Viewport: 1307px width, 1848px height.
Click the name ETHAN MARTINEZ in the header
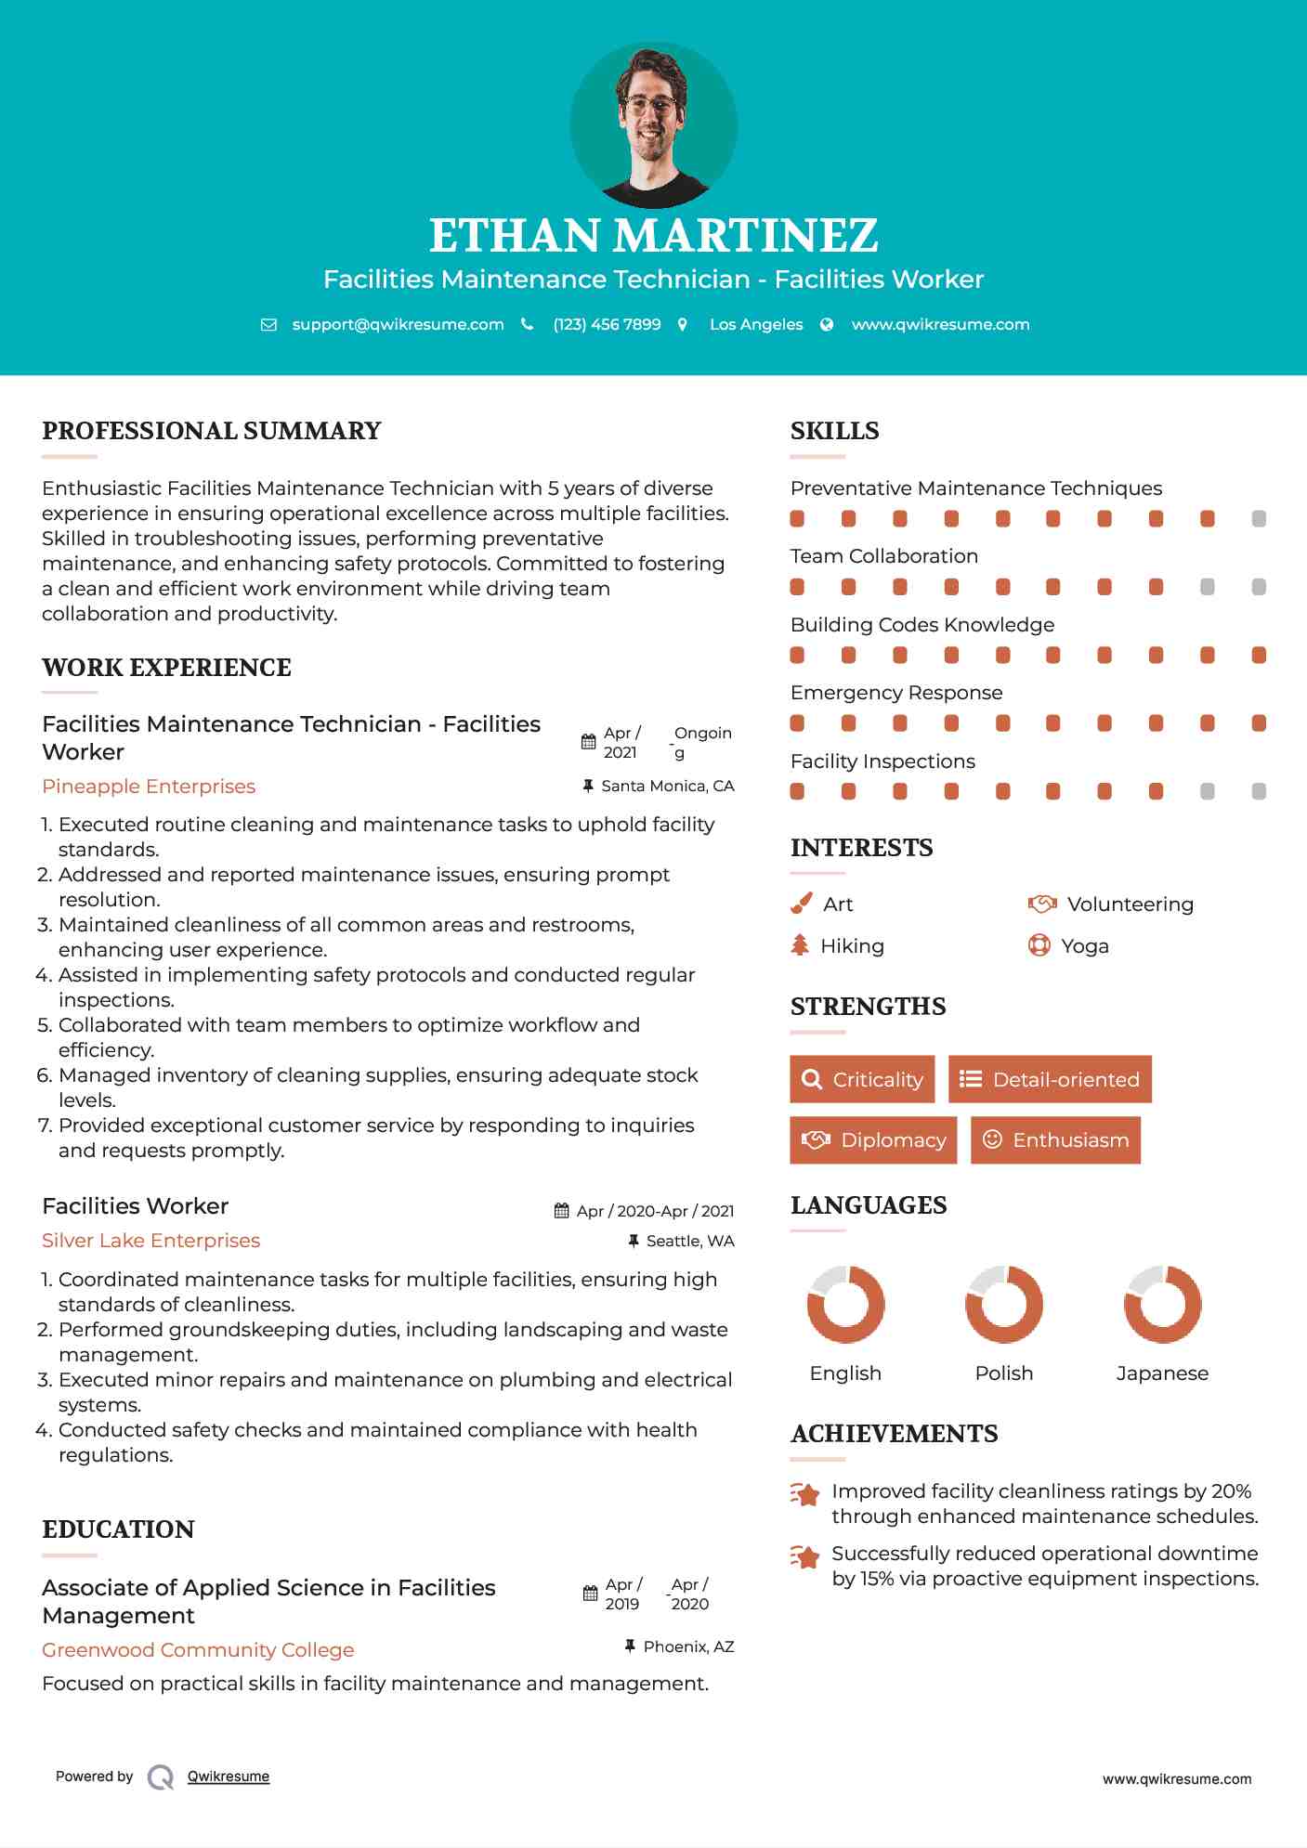tap(653, 236)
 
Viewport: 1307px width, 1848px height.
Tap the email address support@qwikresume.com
tap(398, 324)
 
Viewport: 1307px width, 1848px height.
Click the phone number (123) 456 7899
tap(607, 324)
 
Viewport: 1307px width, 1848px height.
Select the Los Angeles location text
tap(756, 324)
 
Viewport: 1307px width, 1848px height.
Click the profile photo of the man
tap(654, 125)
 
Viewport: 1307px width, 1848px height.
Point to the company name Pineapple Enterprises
tap(149, 787)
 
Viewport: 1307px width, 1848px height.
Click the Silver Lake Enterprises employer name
tap(150, 1241)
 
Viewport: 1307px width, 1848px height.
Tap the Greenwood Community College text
tap(198, 1650)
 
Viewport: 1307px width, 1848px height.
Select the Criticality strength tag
tap(862, 1079)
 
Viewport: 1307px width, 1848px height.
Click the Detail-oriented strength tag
tap(1050, 1079)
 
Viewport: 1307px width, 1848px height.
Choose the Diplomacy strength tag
tap(873, 1140)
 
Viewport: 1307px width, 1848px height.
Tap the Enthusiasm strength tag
tap(1055, 1140)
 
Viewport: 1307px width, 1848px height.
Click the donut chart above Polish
tap(1004, 1304)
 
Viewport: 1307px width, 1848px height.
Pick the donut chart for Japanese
tap(1162, 1304)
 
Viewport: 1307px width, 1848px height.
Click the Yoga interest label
tap(1085, 946)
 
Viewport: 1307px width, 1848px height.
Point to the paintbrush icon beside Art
tap(801, 904)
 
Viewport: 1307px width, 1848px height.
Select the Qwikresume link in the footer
tap(229, 1776)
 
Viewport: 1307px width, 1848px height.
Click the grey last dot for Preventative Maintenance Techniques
tap(1259, 519)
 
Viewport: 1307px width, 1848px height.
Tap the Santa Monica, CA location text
tap(667, 787)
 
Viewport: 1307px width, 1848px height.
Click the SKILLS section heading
tap(834, 431)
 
